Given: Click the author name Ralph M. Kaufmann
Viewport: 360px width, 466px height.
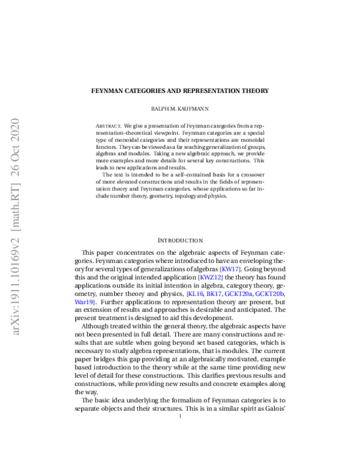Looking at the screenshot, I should (x=180, y=110).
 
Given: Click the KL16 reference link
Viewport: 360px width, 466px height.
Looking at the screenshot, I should (x=197, y=295).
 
